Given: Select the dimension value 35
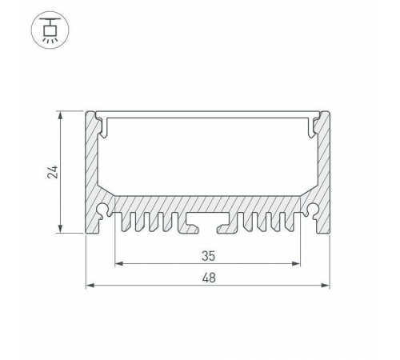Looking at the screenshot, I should [208, 256].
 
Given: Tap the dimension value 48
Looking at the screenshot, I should [208, 278].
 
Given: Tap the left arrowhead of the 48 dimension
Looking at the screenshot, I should [89, 285].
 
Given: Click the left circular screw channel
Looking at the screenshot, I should [104, 211].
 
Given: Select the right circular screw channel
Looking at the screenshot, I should [312, 211].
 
